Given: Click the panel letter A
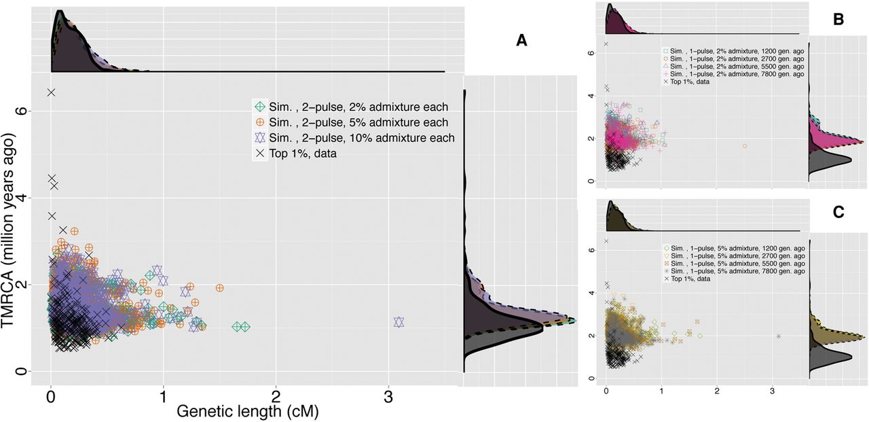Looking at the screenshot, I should click(x=521, y=41).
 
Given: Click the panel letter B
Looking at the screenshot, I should click(x=838, y=20).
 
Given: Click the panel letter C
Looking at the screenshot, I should click(x=838, y=212).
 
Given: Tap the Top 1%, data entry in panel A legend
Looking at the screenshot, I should click(x=306, y=154).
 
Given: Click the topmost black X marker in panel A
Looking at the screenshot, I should click(x=51, y=92).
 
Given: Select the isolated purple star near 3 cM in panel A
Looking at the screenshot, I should click(x=399, y=322).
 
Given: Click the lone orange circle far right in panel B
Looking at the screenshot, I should click(x=745, y=146).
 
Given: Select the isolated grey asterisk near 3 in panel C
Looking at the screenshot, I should click(x=779, y=336).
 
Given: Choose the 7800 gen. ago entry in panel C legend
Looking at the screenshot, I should click(x=737, y=271).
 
